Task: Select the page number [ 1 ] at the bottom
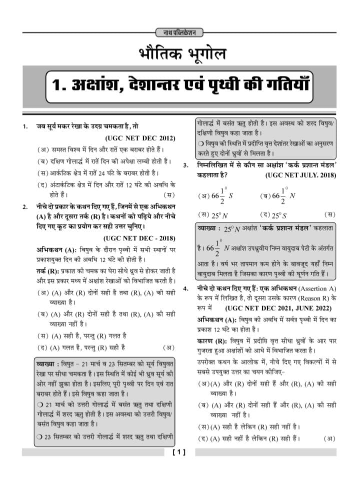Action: click(x=179, y=453)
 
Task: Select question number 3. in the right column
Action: click(x=185, y=165)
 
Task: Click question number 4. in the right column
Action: click(x=185, y=289)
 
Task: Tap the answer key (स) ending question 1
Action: click(x=169, y=194)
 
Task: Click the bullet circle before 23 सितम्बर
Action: click(x=40, y=437)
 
